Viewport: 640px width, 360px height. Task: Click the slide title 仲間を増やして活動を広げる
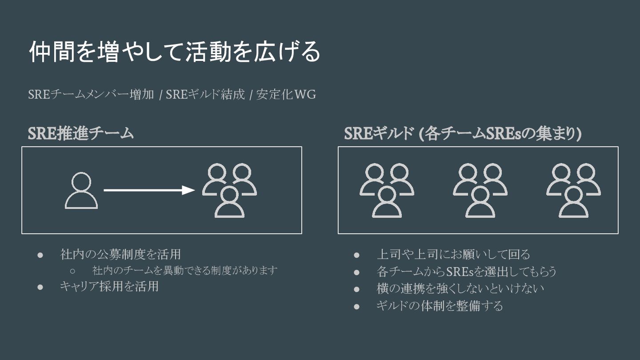coord(174,52)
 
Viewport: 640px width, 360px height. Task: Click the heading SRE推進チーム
coord(80,133)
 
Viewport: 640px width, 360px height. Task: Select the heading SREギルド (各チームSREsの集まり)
coord(463,133)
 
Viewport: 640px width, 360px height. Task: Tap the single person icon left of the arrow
coord(81,191)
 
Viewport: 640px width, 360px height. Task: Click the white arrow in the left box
coord(149,190)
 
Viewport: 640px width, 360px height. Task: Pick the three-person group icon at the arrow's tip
coord(229,190)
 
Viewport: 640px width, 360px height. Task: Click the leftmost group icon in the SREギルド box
coord(387,190)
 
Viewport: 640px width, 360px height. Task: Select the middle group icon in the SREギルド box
coord(480,190)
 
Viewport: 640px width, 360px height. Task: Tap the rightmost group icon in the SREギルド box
coord(573,190)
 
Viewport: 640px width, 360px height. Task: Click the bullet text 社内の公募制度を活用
coord(120,254)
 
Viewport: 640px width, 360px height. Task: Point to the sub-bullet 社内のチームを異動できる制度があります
coord(185,270)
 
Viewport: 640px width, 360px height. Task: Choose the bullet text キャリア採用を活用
coord(109,286)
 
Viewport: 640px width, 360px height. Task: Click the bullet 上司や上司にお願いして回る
coord(453,254)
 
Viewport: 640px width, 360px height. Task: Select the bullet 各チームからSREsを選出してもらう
coord(467,271)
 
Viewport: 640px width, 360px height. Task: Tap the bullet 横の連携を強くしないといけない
coord(460,288)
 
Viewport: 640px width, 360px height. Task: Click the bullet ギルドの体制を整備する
coord(440,306)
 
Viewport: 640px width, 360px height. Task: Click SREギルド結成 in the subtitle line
coord(205,95)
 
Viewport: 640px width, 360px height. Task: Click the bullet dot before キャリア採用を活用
coord(40,287)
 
